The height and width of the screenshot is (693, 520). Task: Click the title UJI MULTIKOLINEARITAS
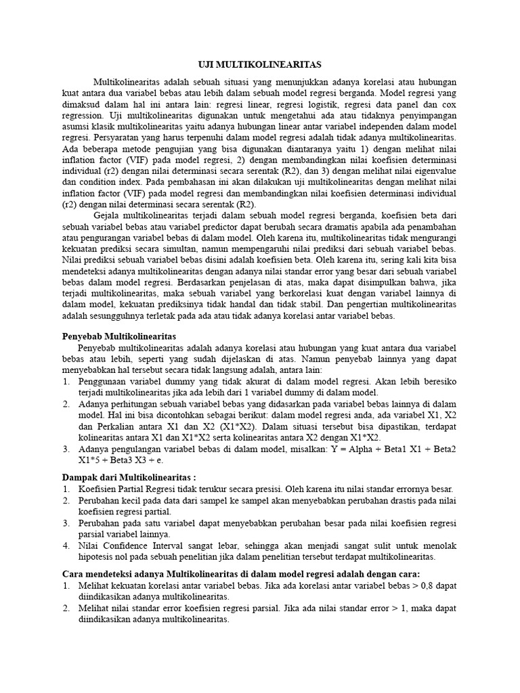(x=259, y=64)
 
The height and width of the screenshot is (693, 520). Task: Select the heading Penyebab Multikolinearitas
(x=119, y=336)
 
